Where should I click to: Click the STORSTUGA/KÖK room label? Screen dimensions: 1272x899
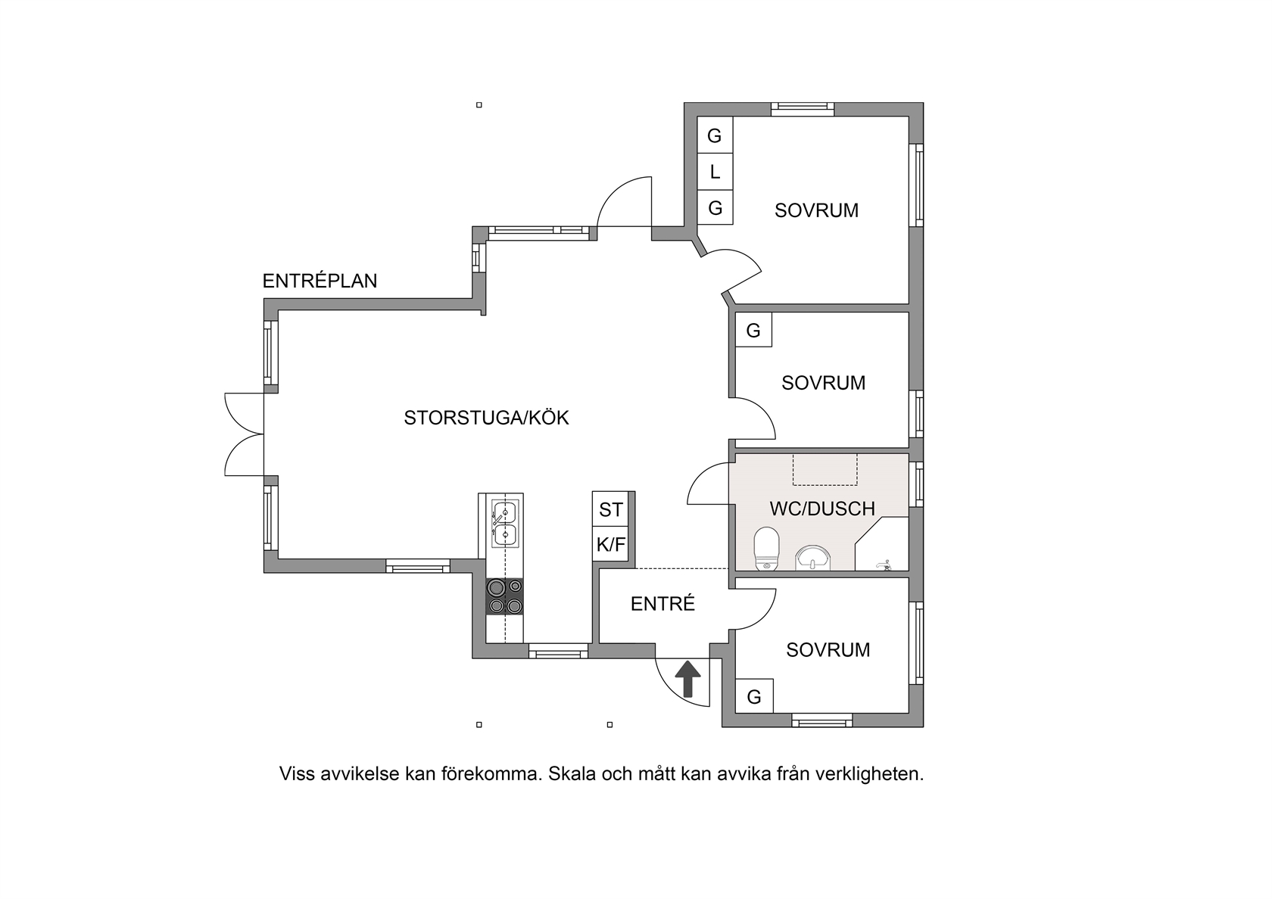tap(486, 418)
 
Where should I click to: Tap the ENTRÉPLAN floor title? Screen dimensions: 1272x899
tap(320, 280)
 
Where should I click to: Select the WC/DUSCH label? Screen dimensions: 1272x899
tap(822, 509)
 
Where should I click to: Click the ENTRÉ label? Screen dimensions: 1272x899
tap(662, 603)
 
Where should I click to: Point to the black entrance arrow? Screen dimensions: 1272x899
tap(687, 678)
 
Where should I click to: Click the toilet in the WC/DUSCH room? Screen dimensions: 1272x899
tap(765, 548)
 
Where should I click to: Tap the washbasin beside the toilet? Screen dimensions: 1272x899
tap(812, 558)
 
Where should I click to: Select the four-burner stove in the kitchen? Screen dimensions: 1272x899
tap(506, 596)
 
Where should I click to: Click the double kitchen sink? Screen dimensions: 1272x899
tap(504, 524)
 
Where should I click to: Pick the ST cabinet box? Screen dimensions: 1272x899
tap(610, 509)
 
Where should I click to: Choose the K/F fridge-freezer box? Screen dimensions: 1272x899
tap(610, 544)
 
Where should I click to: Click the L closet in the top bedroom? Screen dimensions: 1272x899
tap(715, 171)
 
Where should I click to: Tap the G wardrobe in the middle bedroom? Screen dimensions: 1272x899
tap(753, 330)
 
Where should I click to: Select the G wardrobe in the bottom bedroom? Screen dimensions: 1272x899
tap(754, 696)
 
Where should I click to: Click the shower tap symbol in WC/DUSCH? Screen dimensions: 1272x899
tap(884, 565)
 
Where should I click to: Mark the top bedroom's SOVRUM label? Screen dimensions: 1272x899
tap(816, 210)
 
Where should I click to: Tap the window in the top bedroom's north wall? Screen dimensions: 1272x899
tap(803, 109)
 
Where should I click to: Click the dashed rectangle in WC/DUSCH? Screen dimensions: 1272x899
tap(825, 469)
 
